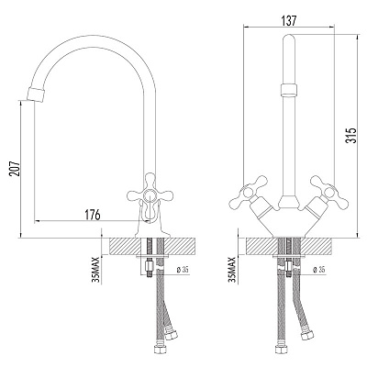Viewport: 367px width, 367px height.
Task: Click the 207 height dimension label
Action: coord(15,168)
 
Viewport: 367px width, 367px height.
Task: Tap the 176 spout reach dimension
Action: coord(93,215)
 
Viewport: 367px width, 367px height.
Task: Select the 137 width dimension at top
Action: coord(288,21)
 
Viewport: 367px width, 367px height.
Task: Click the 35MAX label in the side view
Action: coord(97,270)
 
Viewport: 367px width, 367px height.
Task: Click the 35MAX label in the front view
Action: coord(233,270)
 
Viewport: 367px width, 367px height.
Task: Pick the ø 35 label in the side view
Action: coord(183,270)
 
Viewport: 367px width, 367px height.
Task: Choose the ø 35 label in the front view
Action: coord(319,270)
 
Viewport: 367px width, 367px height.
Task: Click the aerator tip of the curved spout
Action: coord(37,94)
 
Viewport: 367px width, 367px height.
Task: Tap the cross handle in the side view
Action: coord(150,195)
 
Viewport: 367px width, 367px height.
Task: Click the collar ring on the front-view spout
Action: coord(289,90)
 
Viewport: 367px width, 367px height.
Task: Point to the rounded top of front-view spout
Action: coord(289,39)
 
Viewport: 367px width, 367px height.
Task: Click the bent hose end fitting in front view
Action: coord(306,335)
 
